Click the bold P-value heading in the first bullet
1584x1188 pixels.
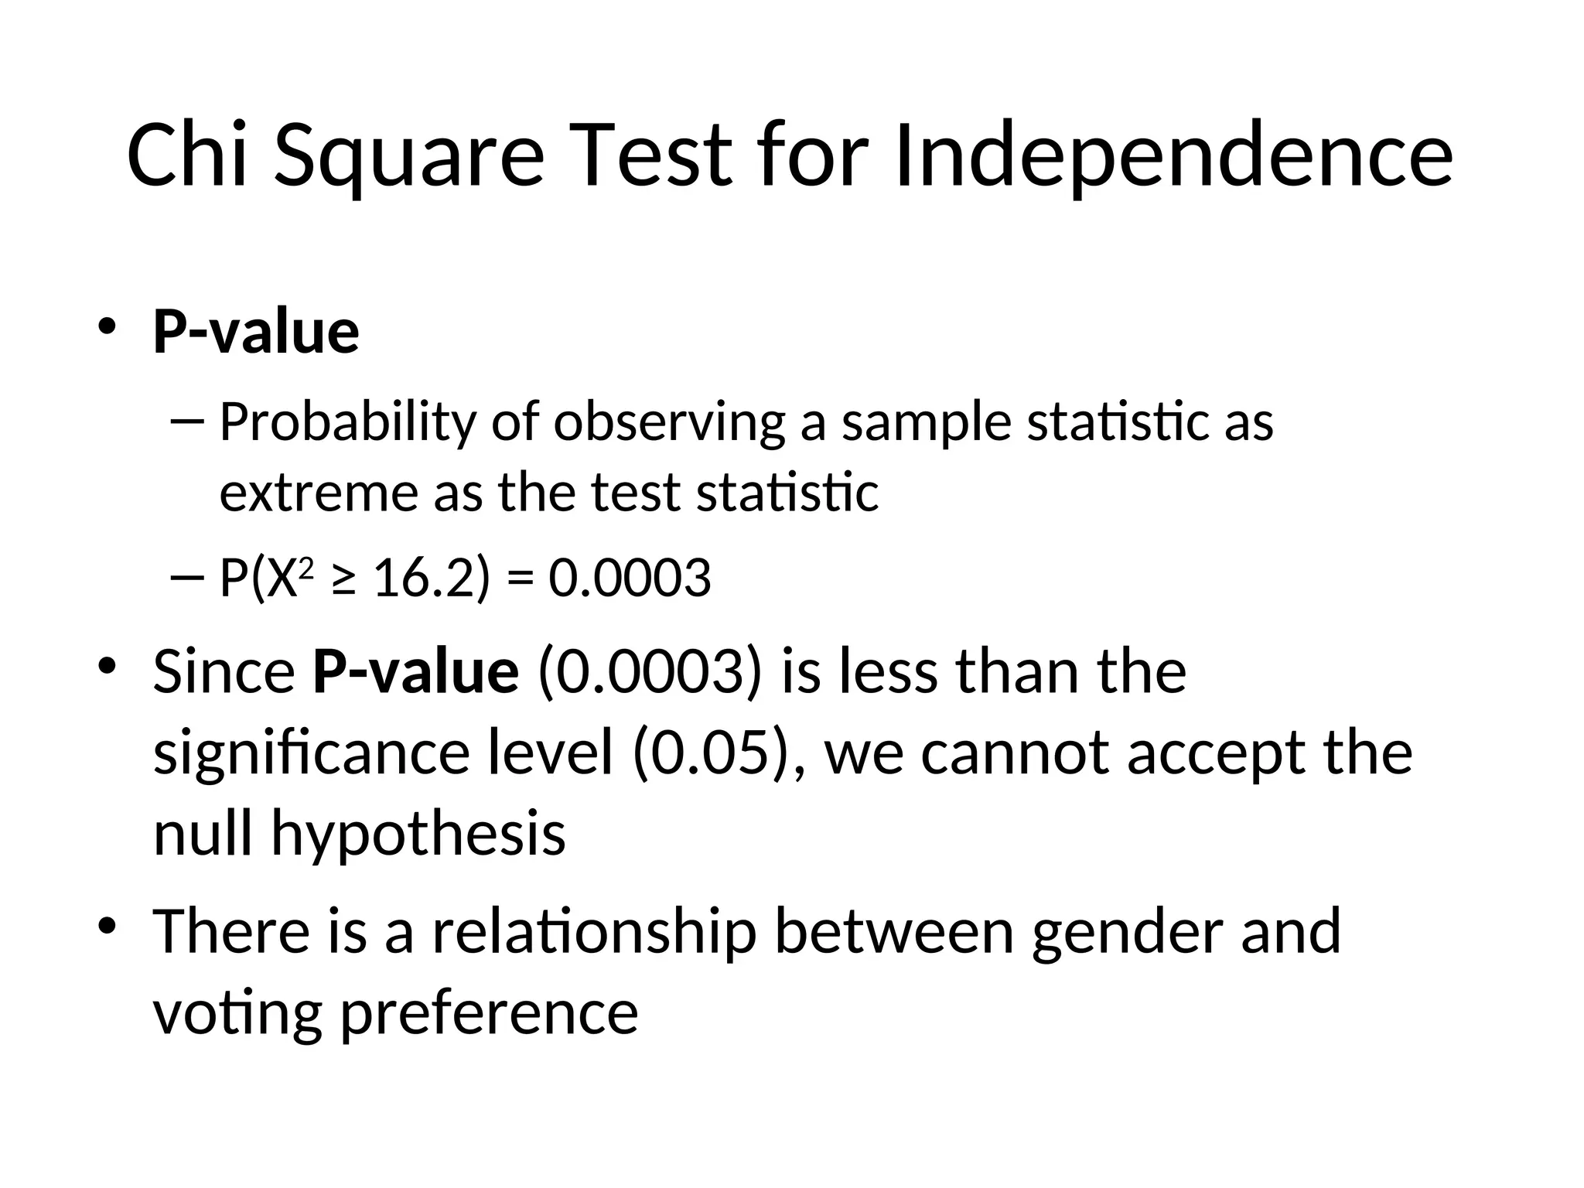(256, 333)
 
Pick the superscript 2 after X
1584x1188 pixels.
(306, 568)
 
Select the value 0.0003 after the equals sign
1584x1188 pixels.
(630, 579)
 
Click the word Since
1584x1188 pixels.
(224, 671)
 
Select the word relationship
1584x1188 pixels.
(593, 931)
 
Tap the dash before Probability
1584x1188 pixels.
(186, 422)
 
